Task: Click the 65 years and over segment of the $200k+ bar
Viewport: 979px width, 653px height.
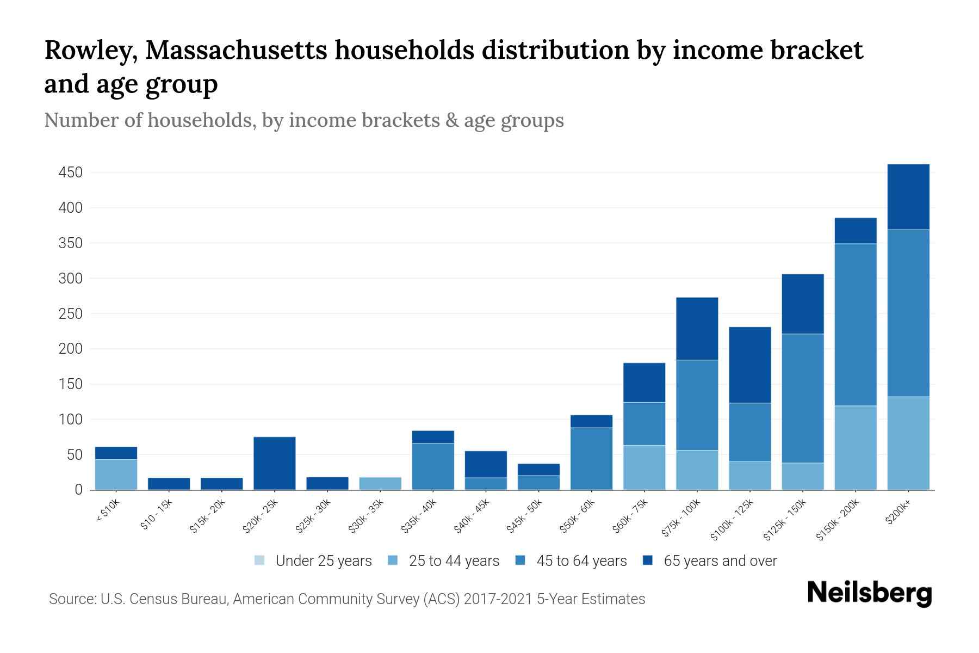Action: (908, 196)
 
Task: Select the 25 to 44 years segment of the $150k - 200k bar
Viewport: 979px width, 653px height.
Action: (855, 447)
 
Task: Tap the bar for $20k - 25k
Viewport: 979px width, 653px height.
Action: (274, 463)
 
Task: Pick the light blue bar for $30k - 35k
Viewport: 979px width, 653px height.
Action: (380, 483)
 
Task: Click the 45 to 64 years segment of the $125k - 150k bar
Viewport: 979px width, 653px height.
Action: (802, 398)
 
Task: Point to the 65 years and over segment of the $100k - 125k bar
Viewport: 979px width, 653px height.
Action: (749, 365)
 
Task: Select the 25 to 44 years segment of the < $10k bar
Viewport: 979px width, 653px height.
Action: (116, 474)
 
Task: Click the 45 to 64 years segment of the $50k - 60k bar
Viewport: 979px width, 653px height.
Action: (591, 458)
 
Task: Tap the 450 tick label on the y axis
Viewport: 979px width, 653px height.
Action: (70, 173)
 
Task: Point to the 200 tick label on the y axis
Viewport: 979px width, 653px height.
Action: (70, 349)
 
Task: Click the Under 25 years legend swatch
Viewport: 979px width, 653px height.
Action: (260, 560)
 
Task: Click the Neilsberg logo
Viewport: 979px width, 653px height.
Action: (869, 593)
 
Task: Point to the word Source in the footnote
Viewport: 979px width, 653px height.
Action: (71, 599)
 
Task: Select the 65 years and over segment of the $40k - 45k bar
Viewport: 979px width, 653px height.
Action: (485, 464)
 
